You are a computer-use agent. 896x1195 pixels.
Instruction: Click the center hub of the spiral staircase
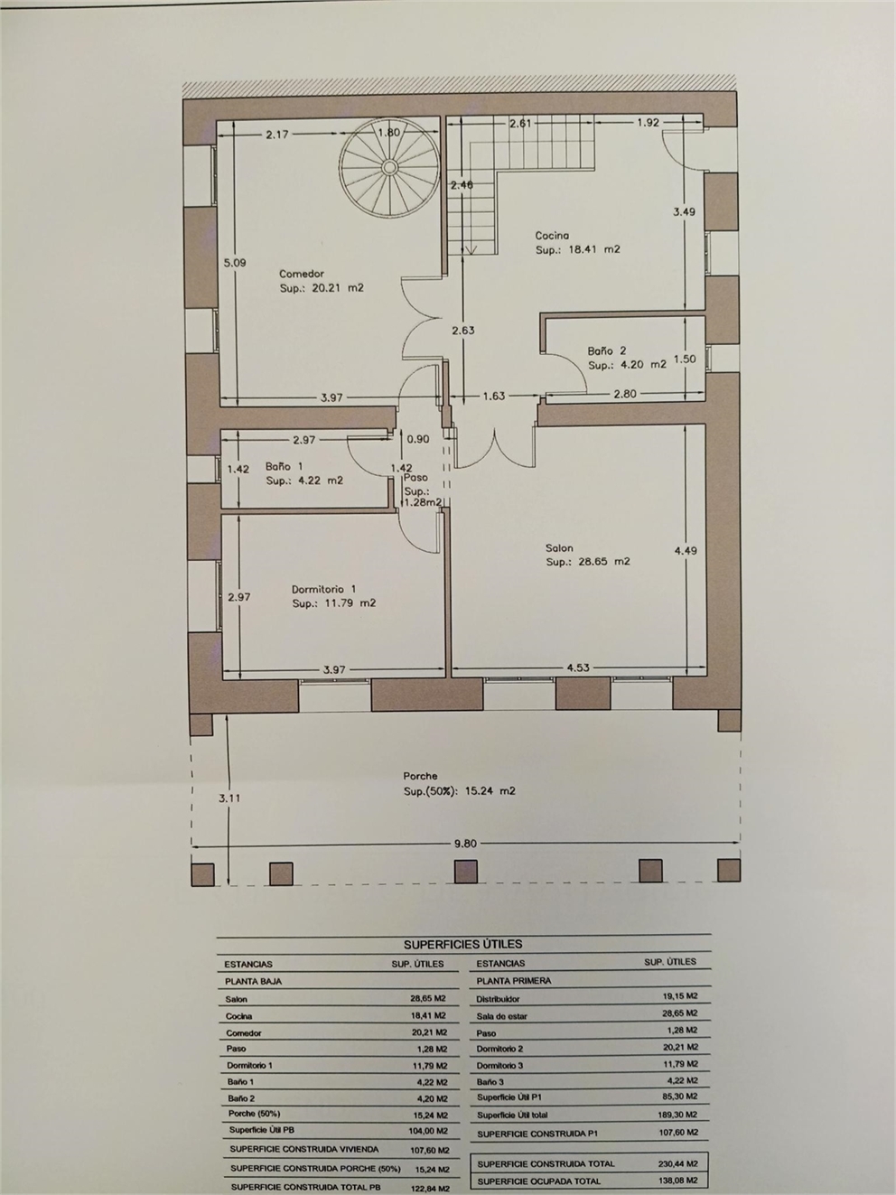(390, 166)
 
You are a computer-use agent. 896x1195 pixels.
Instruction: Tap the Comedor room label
(302, 274)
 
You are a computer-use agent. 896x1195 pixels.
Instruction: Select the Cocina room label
(552, 236)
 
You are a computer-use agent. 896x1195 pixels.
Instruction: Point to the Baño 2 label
(606, 351)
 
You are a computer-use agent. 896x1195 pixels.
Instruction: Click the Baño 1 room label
(285, 467)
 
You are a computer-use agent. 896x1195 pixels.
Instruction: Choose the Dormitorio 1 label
(324, 589)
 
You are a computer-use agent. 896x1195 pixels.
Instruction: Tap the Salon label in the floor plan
(560, 548)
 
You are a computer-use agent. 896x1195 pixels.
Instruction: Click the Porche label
(420, 776)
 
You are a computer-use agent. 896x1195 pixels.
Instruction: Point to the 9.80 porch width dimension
(465, 844)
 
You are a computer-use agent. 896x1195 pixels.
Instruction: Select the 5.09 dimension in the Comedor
(235, 263)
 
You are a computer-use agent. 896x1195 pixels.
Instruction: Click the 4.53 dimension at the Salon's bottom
(578, 668)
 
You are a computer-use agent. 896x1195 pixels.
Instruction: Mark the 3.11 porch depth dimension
(229, 798)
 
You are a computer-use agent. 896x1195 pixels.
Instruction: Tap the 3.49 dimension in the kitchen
(685, 212)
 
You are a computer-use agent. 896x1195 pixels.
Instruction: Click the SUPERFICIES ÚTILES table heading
(463, 945)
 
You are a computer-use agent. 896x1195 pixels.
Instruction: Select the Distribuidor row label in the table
(498, 1000)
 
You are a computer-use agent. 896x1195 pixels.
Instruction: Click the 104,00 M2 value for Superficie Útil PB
(428, 1131)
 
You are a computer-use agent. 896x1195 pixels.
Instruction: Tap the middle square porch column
(465, 872)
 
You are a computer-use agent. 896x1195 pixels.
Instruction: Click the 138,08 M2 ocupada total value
(677, 1181)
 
